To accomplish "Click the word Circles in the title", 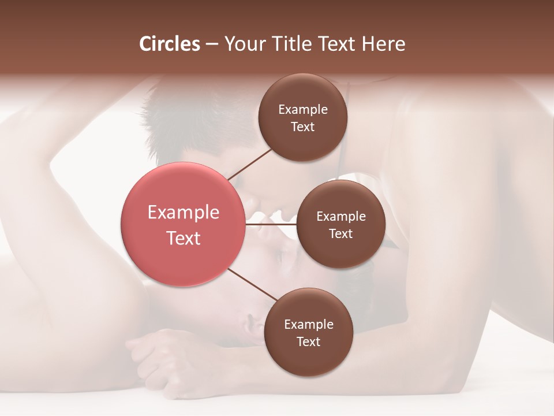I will [x=170, y=44].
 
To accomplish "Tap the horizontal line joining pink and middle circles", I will [x=271, y=224].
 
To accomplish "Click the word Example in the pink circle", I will [x=184, y=213].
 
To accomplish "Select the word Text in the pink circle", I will [x=184, y=238].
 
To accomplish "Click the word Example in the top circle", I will [x=303, y=110].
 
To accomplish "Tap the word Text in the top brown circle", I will [x=303, y=127].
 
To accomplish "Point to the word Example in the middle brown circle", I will [x=341, y=217].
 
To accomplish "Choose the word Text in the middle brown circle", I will [x=341, y=234].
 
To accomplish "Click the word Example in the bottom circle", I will [x=308, y=325].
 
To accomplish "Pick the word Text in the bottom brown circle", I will [x=308, y=342].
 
